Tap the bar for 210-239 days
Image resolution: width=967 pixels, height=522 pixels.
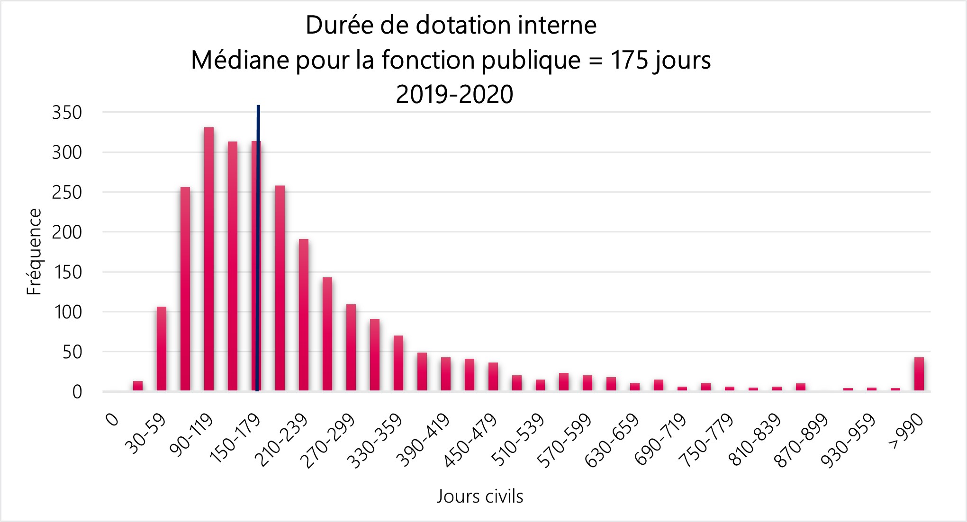tap(304, 315)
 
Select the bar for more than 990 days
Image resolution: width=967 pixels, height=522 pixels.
tap(919, 374)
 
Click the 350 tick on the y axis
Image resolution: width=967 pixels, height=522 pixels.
tap(67, 113)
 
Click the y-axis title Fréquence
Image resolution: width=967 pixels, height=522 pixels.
tap(34, 252)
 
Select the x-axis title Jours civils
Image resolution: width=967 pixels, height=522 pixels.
tap(479, 496)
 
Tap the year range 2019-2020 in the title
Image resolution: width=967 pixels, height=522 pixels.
tap(454, 94)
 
